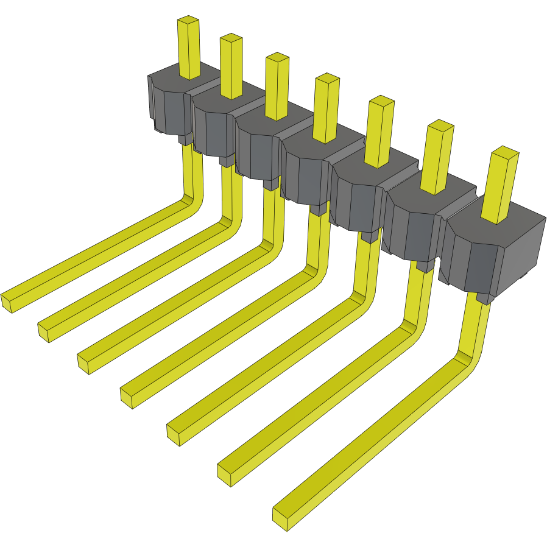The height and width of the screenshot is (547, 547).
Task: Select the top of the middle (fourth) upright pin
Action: point(326,79)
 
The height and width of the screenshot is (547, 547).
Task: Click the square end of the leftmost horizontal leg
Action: point(7,302)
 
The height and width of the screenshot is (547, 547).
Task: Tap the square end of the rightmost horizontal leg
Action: point(280,517)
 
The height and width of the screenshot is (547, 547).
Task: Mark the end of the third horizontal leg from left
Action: point(84,363)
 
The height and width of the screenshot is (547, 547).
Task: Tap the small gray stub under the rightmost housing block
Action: point(484,298)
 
